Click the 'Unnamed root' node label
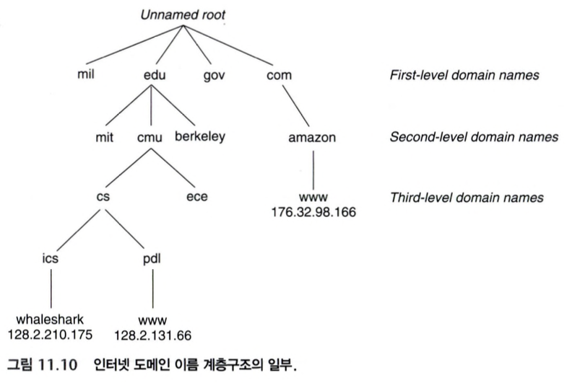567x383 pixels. click(x=183, y=15)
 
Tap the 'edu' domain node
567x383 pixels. click(x=149, y=74)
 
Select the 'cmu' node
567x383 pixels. click(x=149, y=137)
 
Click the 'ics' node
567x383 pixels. click(x=51, y=257)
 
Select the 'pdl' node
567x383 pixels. click(x=152, y=257)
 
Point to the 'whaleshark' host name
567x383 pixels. click(x=51, y=319)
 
